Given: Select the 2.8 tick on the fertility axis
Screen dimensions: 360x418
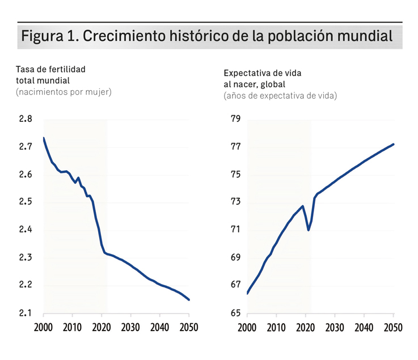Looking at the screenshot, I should [x=26, y=119].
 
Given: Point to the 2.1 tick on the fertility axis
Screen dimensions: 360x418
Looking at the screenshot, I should [x=26, y=313].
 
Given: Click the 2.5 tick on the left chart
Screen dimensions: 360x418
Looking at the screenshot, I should [x=26, y=202].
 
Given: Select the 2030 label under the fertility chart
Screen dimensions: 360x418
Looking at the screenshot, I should [x=131, y=328].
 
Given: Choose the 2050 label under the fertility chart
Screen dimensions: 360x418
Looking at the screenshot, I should [x=189, y=328].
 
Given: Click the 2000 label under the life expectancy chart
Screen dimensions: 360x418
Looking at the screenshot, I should [x=247, y=328].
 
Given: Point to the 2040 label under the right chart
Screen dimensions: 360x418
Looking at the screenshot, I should [x=364, y=328].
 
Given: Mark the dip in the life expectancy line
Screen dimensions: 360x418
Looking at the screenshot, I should [x=309, y=230].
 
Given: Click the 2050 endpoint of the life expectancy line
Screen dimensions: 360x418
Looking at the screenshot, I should [x=394, y=145].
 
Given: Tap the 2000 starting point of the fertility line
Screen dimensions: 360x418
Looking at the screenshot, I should [x=44, y=138].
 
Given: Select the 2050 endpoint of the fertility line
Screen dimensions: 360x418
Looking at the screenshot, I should [x=189, y=300].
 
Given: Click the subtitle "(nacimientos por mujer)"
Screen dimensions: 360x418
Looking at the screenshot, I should [x=64, y=92].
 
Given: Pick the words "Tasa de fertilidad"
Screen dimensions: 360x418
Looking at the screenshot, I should [x=50, y=69].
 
